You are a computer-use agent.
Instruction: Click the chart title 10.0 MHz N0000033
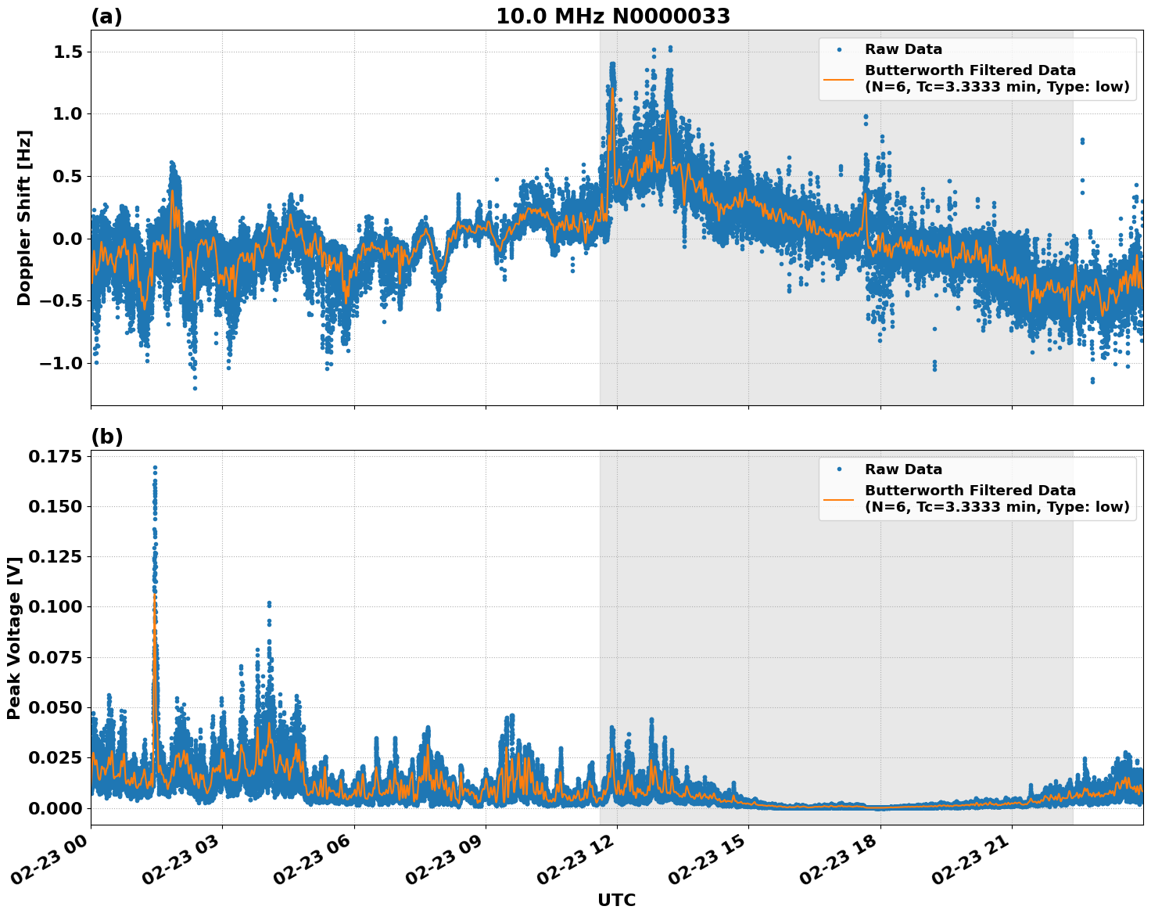(x=612, y=16)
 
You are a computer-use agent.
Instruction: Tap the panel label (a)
(x=106, y=16)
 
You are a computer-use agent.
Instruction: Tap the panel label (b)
(x=106, y=437)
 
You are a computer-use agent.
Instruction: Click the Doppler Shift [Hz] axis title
(x=24, y=218)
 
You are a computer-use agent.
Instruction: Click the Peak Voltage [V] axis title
(x=13, y=638)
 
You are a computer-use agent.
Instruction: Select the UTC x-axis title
(x=616, y=900)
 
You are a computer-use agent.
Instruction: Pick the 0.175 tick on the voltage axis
(x=54, y=456)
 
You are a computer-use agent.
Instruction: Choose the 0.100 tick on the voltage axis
(x=54, y=606)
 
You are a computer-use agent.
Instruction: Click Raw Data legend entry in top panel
(x=903, y=49)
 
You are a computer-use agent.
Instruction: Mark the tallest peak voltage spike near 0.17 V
(x=155, y=468)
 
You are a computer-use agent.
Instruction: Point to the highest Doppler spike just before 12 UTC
(x=611, y=64)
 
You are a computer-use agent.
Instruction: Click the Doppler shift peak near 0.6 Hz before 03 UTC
(x=172, y=163)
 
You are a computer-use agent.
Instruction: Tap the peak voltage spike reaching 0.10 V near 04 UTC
(x=269, y=603)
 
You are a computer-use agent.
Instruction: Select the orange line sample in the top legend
(x=839, y=78)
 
